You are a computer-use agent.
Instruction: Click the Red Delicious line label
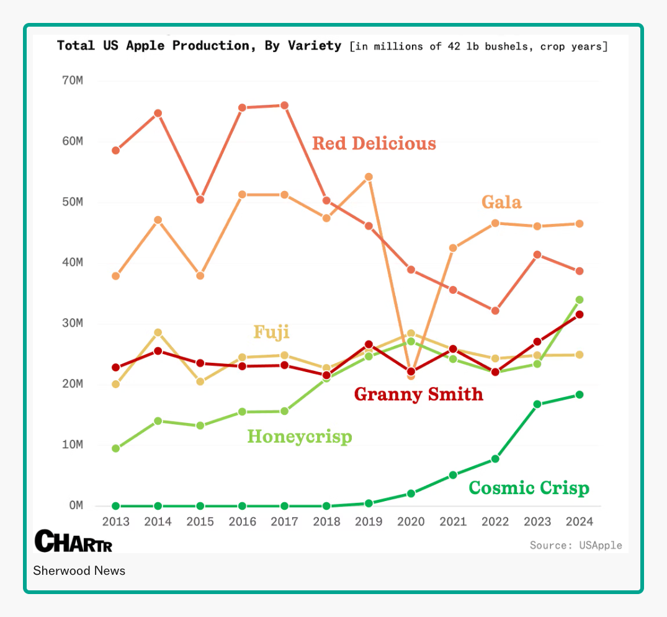click(374, 143)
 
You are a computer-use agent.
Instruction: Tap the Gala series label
click(501, 202)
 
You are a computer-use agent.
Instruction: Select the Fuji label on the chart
click(271, 332)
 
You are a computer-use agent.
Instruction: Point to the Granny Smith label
click(418, 394)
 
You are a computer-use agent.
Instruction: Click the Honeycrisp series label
click(300, 437)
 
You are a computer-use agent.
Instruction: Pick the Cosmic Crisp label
click(529, 488)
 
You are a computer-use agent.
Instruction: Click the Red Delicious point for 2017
click(284, 105)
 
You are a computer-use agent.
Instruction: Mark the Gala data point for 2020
click(411, 376)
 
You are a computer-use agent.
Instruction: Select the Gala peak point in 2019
click(369, 177)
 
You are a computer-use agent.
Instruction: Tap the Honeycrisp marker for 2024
click(580, 300)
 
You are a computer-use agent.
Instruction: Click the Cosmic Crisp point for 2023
click(537, 404)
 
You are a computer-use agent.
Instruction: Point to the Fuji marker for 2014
click(158, 332)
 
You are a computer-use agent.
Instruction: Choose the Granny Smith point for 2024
click(580, 314)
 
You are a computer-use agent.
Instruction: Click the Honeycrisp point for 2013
click(116, 448)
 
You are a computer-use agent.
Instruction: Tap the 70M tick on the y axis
click(73, 81)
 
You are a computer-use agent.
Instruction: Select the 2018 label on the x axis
click(326, 522)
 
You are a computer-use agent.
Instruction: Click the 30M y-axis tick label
click(73, 323)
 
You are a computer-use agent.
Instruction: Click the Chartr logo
click(73, 541)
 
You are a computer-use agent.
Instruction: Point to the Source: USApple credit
click(575, 545)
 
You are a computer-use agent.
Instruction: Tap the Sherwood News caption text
click(79, 570)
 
